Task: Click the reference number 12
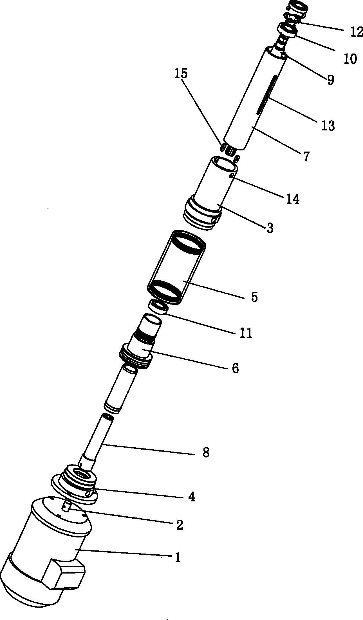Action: (357, 32)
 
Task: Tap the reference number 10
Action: (350, 59)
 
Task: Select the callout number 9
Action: (330, 80)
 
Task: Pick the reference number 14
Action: (293, 199)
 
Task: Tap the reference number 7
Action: (306, 156)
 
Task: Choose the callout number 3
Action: (270, 228)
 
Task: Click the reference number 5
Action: (254, 297)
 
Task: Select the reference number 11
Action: (246, 333)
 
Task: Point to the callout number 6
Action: (235, 368)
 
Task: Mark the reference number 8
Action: (206, 453)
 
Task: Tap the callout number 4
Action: (191, 497)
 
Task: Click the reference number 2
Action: (180, 525)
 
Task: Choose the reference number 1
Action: (178, 557)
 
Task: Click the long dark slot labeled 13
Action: (266, 95)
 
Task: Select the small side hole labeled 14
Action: (232, 176)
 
